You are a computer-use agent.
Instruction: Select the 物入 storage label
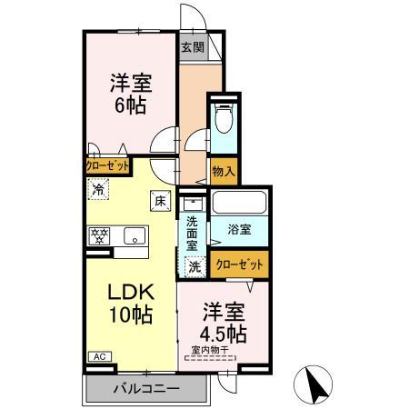[x=224, y=170]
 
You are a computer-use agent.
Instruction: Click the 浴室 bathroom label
[x=239, y=231]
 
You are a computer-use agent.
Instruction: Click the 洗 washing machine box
[x=194, y=266]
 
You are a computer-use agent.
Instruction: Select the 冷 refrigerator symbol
[x=97, y=190]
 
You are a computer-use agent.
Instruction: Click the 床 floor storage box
[x=159, y=200]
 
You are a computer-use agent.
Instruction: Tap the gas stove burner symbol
[x=99, y=235]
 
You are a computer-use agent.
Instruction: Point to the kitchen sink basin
[x=134, y=235]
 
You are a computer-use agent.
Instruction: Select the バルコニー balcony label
[x=146, y=389]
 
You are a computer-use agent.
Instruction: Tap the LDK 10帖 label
[x=131, y=304]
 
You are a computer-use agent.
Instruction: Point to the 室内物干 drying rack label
[x=210, y=349]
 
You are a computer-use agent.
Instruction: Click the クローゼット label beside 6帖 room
[x=107, y=166]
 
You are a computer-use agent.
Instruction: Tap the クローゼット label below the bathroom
[x=242, y=264]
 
